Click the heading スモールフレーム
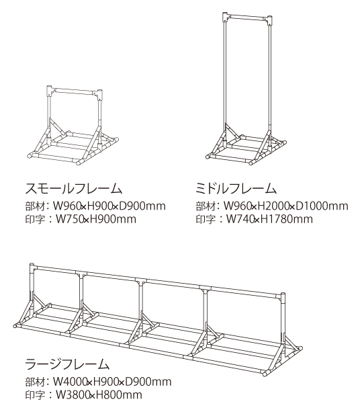click(x=74, y=189)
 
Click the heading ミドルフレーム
click(x=236, y=189)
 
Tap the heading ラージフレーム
click(x=67, y=364)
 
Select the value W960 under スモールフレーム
click(x=66, y=206)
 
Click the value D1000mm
click(x=322, y=206)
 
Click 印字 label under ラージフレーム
click(x=35, y=395)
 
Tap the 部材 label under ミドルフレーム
click(x=206, y=206)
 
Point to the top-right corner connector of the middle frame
click(x=269, y=20)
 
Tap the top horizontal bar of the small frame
click(x=75, y=91)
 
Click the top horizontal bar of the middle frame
click(x=247, y=19)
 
